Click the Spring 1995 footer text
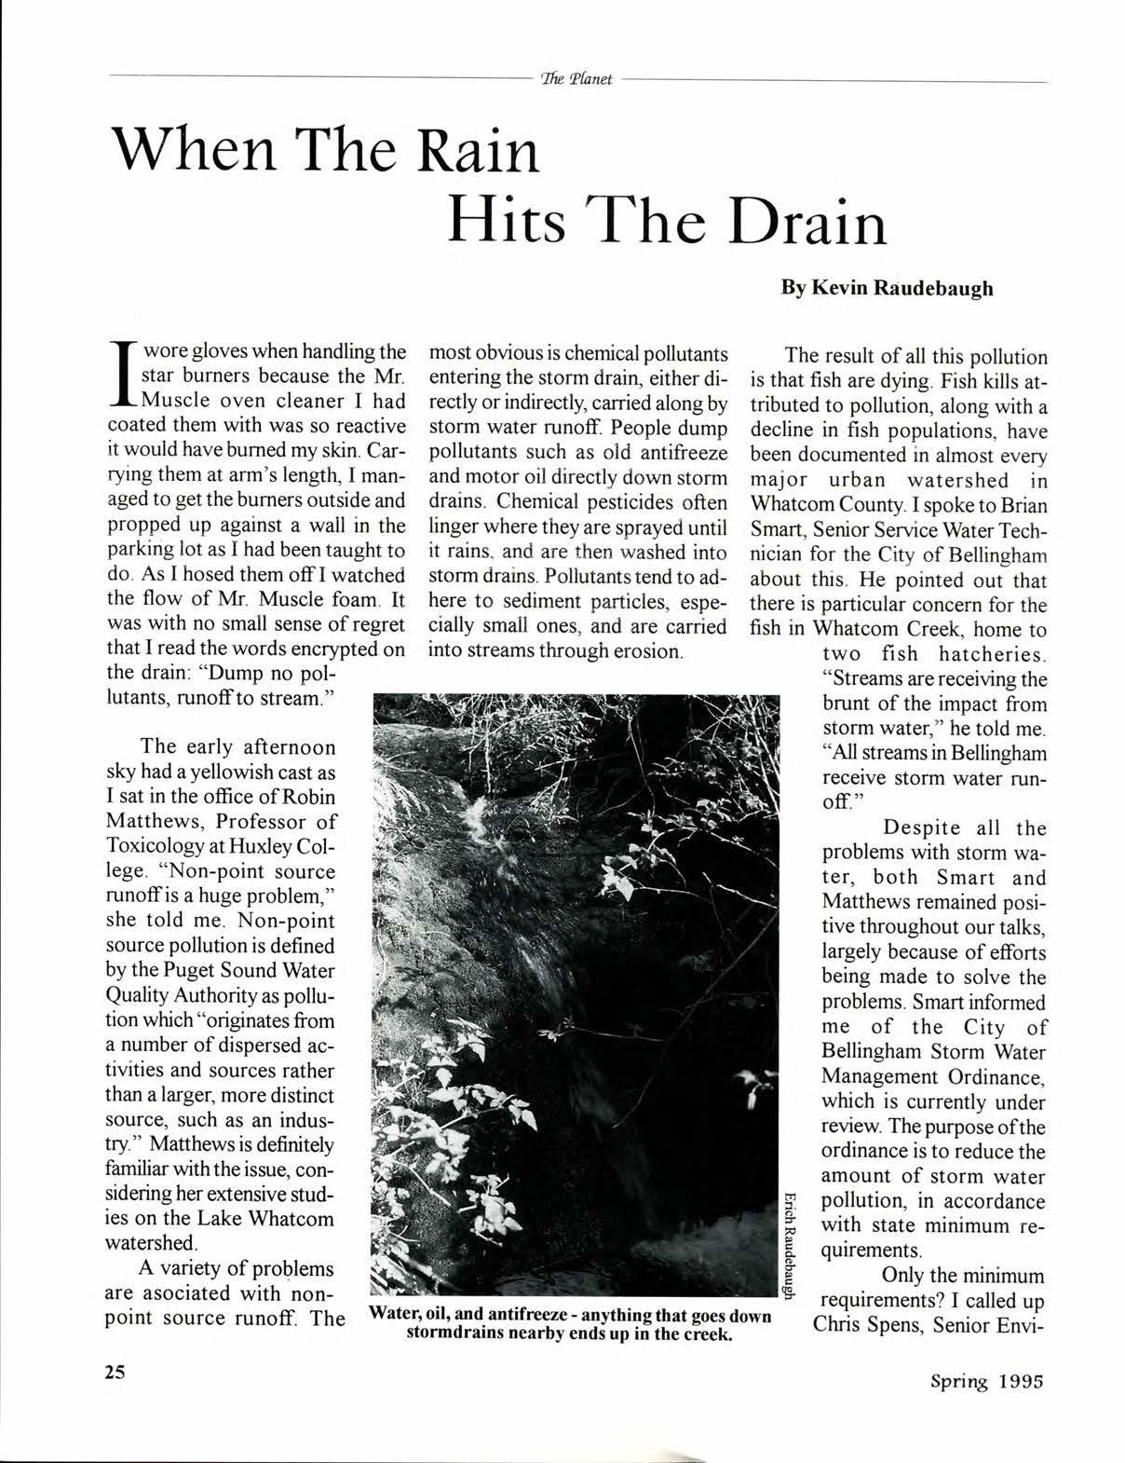tap(987, 1381)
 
